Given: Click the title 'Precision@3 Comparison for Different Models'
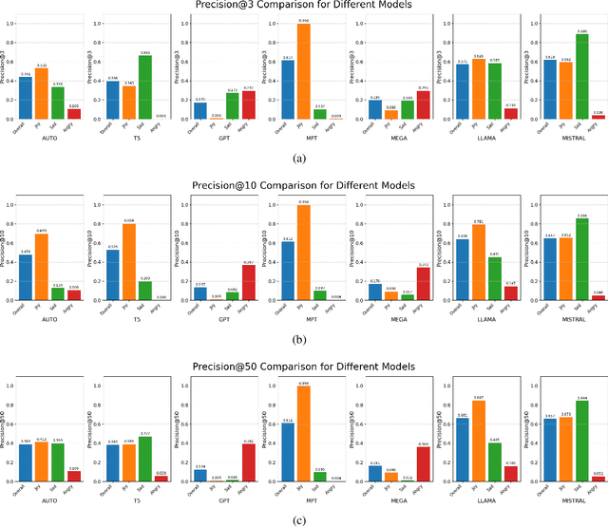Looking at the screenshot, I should [x=303, y=6].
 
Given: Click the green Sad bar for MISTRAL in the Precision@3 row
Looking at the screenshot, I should [x=582, y=75].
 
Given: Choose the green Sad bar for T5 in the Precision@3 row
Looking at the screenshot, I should [x=144, y=86].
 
